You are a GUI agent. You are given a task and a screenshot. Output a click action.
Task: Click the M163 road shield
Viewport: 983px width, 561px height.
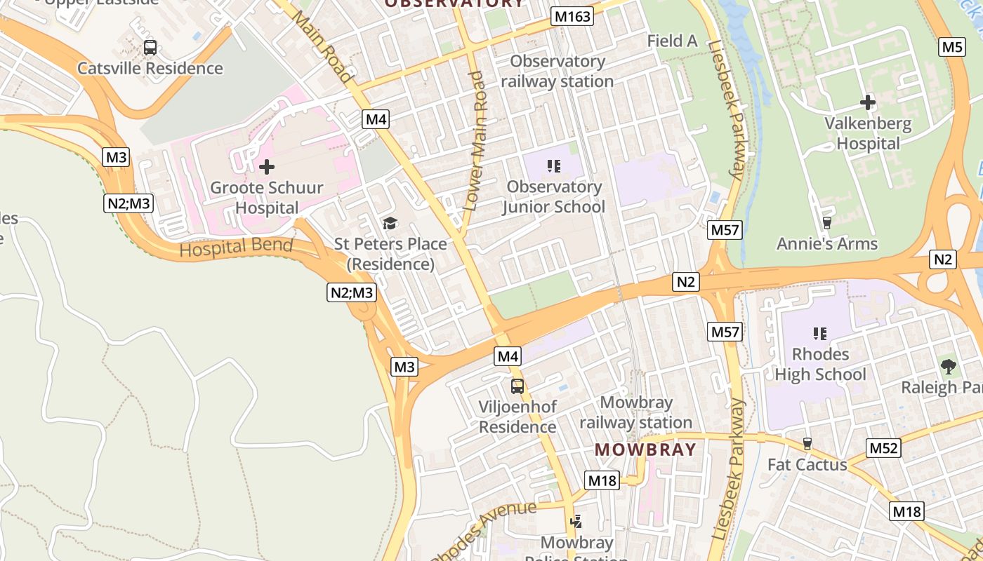(x=572, y=16)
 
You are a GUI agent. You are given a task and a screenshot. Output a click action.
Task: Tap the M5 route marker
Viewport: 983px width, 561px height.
(x=951, y=47)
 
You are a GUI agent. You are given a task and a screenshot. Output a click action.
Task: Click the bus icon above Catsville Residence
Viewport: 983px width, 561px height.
(x=150, y=48)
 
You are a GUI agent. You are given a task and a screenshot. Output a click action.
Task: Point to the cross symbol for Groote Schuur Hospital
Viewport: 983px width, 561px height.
(x=267, y=167)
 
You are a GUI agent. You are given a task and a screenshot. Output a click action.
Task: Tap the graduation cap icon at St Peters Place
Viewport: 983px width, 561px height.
(x=390, y=224)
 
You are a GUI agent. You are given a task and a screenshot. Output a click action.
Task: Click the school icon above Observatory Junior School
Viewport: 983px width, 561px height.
(x=554, y=166)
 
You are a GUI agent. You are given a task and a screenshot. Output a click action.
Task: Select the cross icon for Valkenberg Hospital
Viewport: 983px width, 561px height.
(x=868, y=102)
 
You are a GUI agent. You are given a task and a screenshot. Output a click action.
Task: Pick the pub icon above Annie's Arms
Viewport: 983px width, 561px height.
(x=827, y=223)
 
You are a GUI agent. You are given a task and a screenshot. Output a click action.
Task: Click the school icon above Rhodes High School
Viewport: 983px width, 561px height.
(x=819, y=333)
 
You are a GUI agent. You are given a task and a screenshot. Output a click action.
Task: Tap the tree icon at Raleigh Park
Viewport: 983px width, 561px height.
(x=948, y=366)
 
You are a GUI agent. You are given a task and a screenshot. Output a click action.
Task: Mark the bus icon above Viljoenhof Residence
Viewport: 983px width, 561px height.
(x=517, y=386)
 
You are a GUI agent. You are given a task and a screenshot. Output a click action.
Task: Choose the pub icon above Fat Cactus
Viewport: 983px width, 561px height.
(x=807, y=443)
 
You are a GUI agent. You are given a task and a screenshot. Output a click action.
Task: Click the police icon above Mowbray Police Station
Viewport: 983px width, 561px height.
(x=576, y=521)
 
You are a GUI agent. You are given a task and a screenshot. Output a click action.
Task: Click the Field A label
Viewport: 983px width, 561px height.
(x=672, y=41)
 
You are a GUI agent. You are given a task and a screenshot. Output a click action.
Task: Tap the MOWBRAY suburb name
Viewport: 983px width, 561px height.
(x=645, y=450)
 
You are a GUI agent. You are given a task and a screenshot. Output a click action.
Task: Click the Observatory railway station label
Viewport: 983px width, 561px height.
(x=558, y=72)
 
